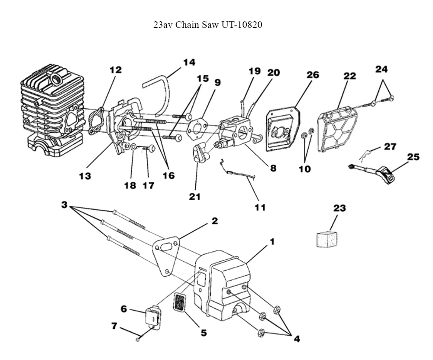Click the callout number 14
tap(189, 62)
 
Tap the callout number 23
tap(339, 208)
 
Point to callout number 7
tap(114, 326)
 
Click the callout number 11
tap(260, 207)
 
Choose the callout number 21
tap(195, 197)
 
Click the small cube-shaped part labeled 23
tap(327, 238)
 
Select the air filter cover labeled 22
tap(339, 130)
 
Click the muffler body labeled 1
tap(225, 282)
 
